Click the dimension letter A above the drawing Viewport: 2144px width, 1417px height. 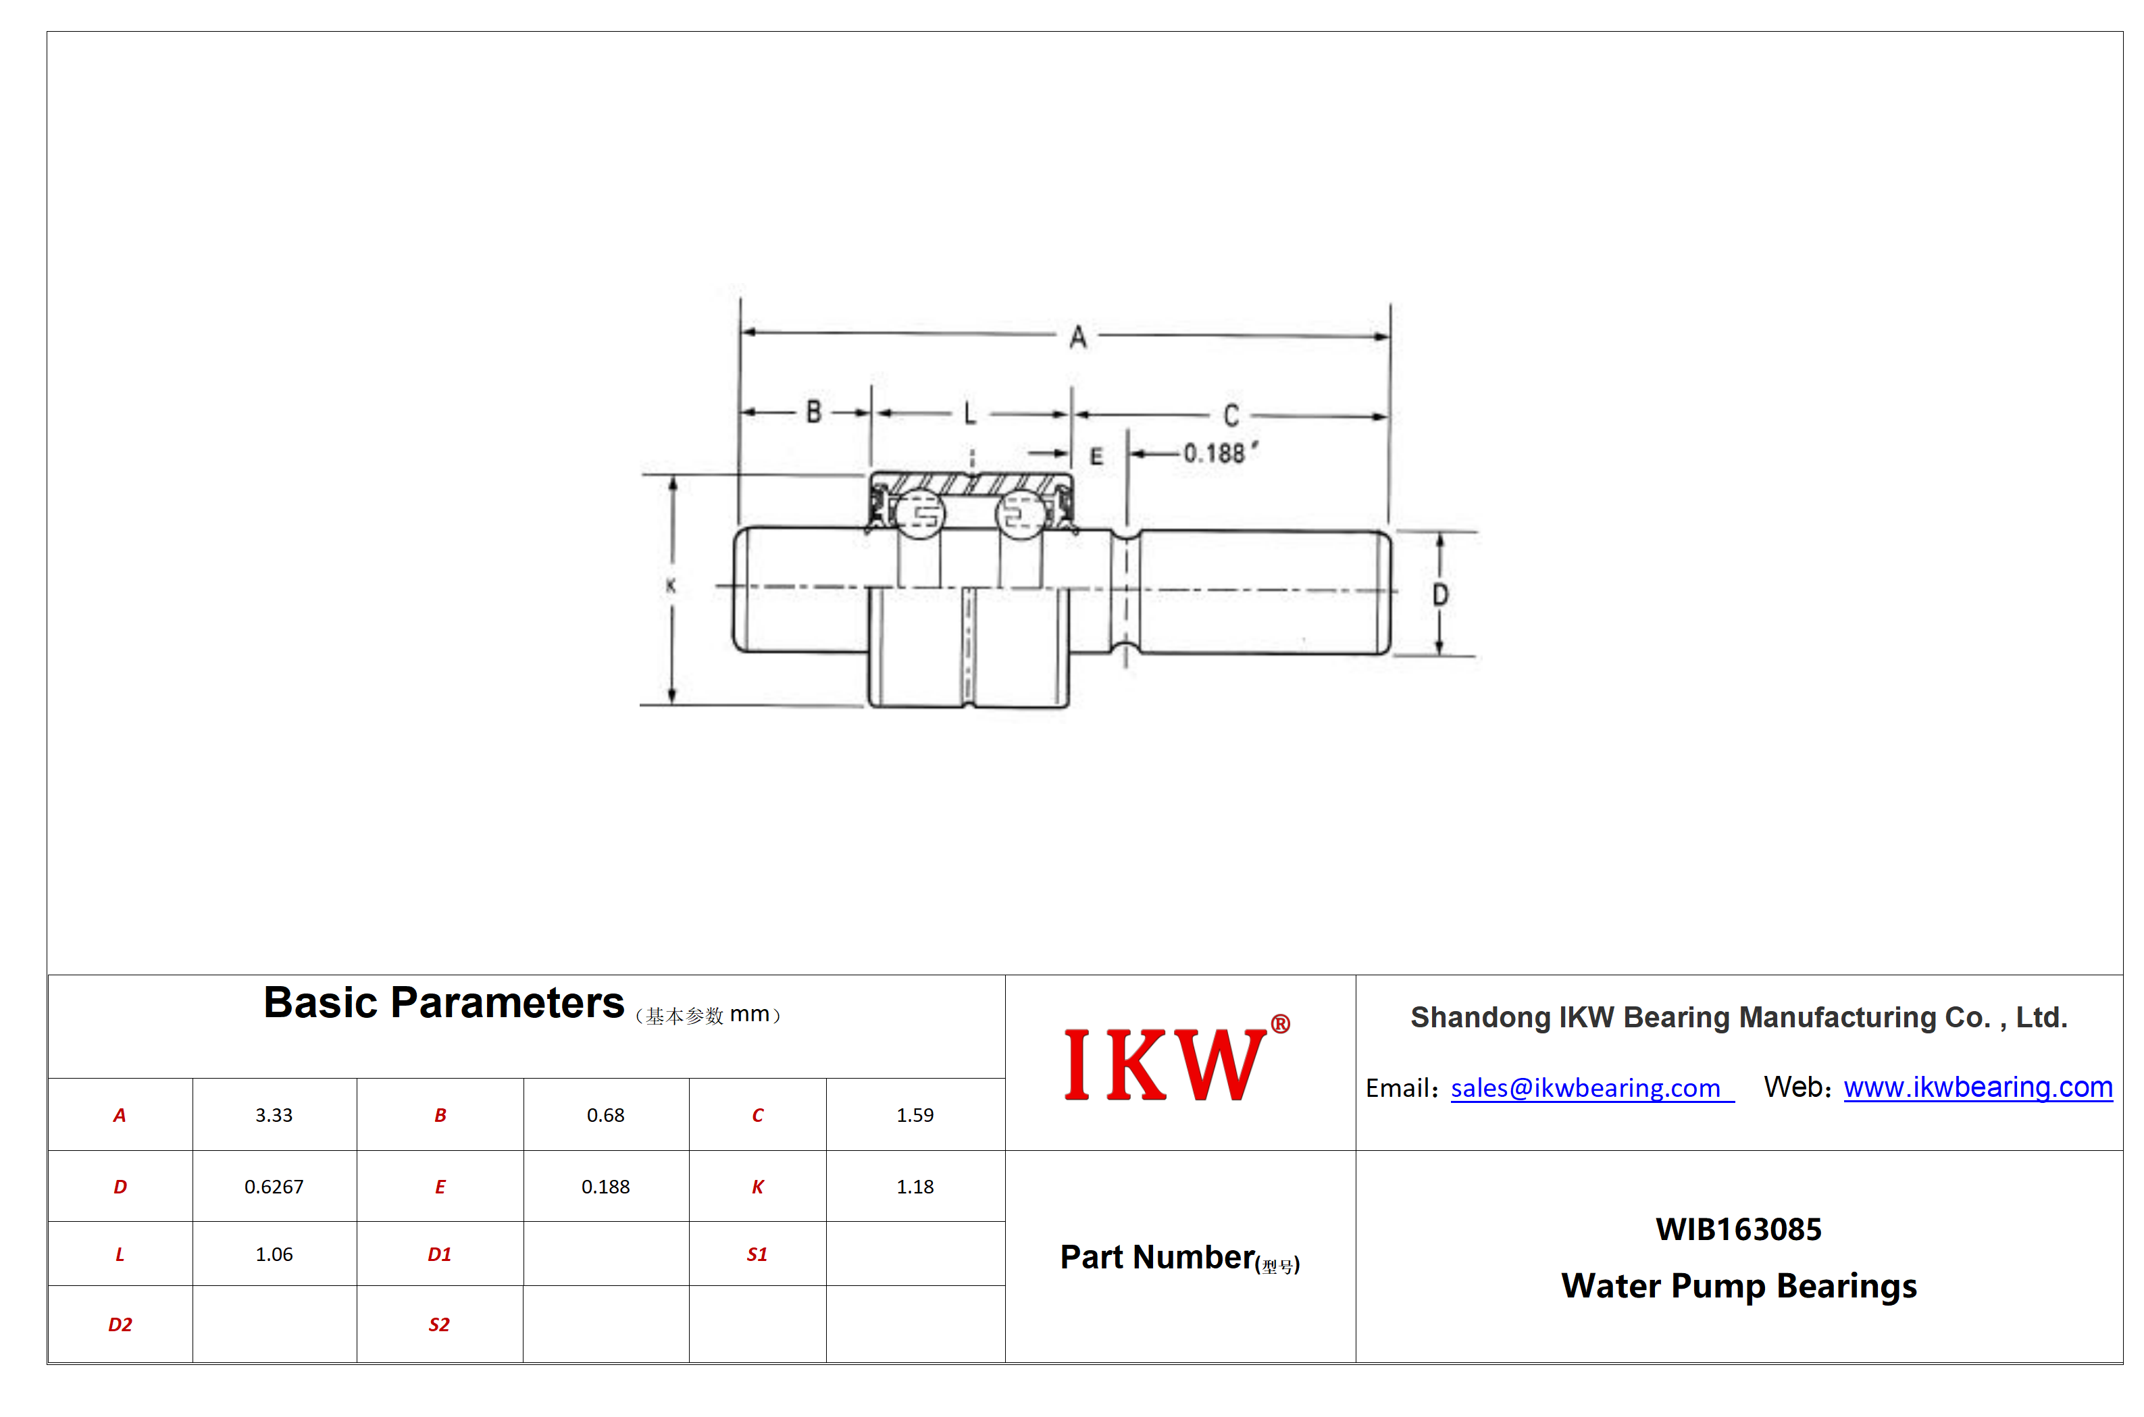pos(1077,338)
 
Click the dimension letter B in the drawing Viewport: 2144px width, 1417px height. pos(813,412)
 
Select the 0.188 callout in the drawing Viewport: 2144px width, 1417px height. pos(1220,452)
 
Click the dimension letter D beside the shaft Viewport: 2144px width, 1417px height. pos(1440,594)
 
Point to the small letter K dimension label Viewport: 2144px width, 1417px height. pos(671,586)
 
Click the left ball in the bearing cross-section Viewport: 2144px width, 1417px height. pos(919,514)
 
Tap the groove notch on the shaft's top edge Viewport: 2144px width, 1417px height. pos(1125,535)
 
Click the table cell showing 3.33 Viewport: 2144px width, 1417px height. pos(274,1115)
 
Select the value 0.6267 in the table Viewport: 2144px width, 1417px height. pos(274,1187)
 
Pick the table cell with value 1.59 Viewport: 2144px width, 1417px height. pos(915,1115)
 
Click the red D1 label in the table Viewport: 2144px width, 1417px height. pos(439,1254)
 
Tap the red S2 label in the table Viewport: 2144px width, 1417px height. pos(438,1325)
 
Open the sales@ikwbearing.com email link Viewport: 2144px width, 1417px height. pos(1585,1088)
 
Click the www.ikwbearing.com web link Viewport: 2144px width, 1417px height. pos(1978,1087)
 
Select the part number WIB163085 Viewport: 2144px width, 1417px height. pos(1738,1229)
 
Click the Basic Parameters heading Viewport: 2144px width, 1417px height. pos(443,1003)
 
